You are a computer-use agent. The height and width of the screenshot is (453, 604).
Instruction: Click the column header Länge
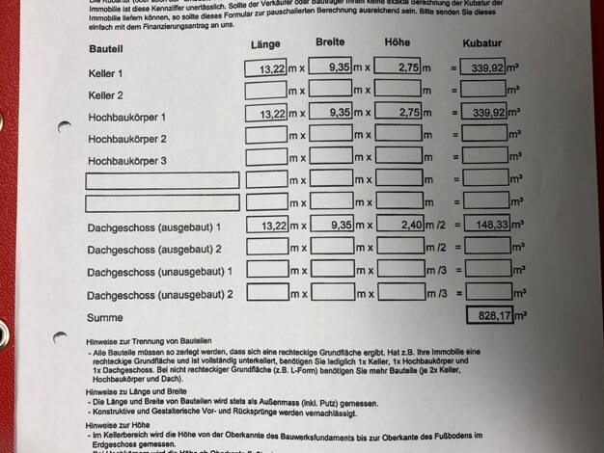click(264, 45)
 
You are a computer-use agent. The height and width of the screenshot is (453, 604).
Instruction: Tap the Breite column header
click(330, 43)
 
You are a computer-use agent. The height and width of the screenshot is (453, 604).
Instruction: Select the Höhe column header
click(397, 42)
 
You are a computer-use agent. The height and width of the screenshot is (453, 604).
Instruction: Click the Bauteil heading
click(105, 47)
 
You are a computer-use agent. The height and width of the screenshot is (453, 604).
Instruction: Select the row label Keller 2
click(106, 95)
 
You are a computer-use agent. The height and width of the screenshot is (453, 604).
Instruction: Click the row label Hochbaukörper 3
click(127, 160)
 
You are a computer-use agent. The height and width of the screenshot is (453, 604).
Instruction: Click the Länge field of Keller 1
click(266, 69)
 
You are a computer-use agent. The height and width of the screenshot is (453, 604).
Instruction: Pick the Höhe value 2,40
click(398, 225)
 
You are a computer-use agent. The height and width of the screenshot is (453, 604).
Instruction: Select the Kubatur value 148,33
click(485, 226)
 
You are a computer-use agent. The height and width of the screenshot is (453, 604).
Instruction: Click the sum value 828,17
click(489, 314)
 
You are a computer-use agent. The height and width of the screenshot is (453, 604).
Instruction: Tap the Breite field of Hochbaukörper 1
click(331, 113)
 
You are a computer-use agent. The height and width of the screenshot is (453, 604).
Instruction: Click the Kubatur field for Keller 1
click(484, 68)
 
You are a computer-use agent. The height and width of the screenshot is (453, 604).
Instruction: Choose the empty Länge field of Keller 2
click(266, 92)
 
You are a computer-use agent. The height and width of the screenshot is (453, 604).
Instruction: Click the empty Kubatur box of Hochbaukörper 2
click(484, 135)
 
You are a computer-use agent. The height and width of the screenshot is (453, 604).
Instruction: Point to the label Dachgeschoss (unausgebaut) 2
click(160, 294)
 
